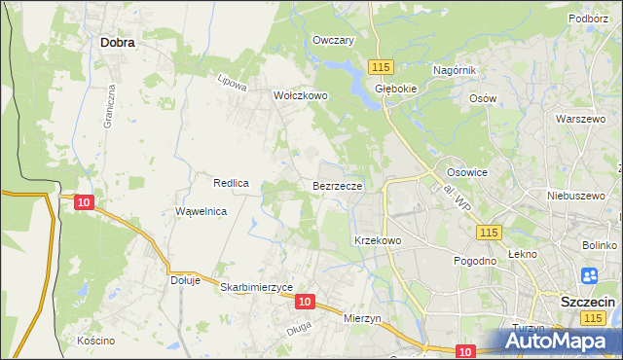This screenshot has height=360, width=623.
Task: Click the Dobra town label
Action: (117, 43)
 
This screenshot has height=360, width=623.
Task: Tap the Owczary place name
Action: (333, 40)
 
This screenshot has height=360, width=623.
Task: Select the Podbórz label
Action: (589, 18)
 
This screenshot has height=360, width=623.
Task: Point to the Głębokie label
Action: (396, 87)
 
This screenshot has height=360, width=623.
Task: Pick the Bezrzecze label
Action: (338, 185)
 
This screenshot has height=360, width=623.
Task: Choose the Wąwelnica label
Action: (201, 211)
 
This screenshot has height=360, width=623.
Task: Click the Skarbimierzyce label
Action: (257, 287)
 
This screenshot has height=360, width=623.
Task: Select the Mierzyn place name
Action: (366, 318)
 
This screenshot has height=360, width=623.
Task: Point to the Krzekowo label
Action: (378, 240)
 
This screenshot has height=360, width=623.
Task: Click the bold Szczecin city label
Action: (588, 303)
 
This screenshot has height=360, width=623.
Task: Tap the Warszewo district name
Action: (574, 119)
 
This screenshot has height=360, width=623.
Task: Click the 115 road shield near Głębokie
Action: (381, 65)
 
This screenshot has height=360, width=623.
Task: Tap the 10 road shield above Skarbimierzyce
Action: (305, 303)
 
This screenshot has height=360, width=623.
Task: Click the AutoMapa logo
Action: (559, 341)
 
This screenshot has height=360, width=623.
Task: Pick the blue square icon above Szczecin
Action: (589, 277)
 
